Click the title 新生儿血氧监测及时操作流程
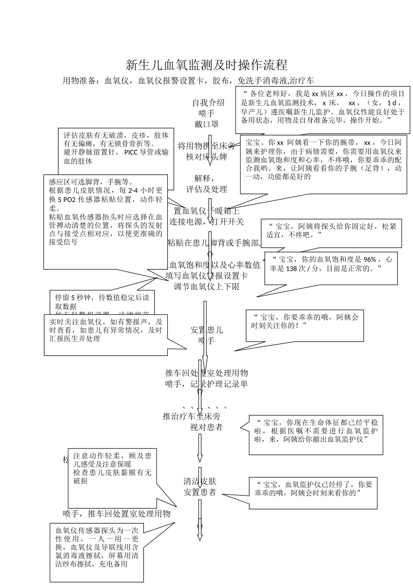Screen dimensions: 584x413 tap(206, 66)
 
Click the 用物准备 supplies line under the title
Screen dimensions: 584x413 tap(188, 81)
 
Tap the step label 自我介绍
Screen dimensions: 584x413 tap(209, 103)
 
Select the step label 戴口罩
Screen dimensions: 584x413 tap(206, 124)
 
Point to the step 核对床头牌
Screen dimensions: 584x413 tap(206, 157)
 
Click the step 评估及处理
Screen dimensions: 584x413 tap(206, 189)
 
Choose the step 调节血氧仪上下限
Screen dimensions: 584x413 tap(206, 287)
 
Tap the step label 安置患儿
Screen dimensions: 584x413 tap(206, 330)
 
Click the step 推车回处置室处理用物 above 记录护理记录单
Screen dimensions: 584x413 tap(206, 373)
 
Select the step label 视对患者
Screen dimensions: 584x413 tap(206, 427)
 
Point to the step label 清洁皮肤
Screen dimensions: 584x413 tap(200, 481)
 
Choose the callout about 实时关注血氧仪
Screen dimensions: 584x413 tap(106, 330)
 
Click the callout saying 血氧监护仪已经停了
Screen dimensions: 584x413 tap(313, 488)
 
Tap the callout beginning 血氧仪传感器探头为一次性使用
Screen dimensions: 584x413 tap(97, 547)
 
